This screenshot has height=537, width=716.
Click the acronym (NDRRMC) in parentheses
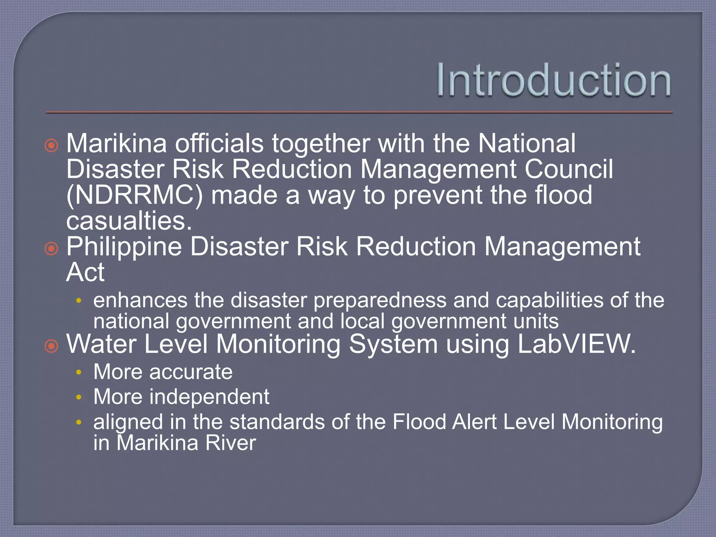pos(135,195)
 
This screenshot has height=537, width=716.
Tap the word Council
pos(568,169)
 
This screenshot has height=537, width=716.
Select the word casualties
pos(129,221)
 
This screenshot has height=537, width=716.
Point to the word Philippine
pos(124,247)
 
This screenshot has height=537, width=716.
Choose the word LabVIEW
pos(576,344)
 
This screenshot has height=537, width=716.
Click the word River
pos(230,443)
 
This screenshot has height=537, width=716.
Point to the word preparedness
pos(380,300)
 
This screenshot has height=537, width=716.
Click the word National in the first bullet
pos(527,143)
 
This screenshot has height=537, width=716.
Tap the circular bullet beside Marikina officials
pos(51,145)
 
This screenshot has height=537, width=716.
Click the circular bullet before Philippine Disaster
pos(51,249)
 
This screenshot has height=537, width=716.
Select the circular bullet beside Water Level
pos(51,346)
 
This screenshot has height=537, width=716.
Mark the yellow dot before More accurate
pos(79,372)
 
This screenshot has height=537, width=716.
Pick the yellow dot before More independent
pos(79,398)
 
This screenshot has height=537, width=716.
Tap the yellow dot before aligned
pos(79,423)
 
